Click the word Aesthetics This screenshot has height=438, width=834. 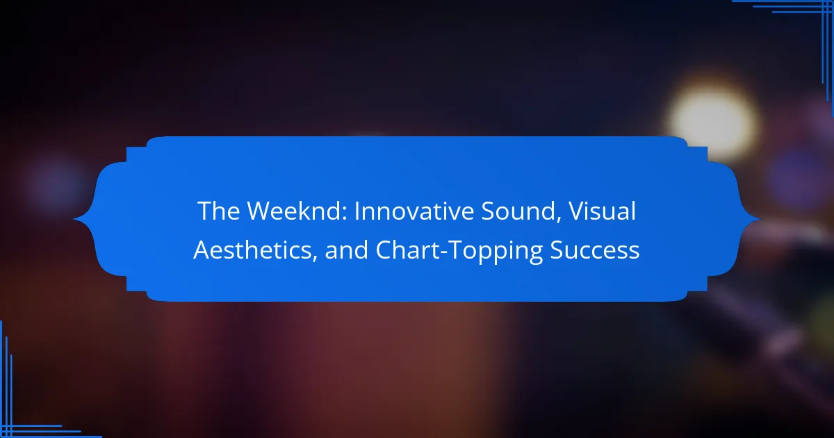[252, 250]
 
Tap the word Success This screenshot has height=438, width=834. [595, 250]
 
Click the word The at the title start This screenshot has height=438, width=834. [218, 211]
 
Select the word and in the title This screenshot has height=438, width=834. [347, 250]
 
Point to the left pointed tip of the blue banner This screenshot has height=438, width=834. [74, 220]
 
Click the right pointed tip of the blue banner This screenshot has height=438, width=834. [760, 220]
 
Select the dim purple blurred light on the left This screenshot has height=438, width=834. [56, 184]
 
